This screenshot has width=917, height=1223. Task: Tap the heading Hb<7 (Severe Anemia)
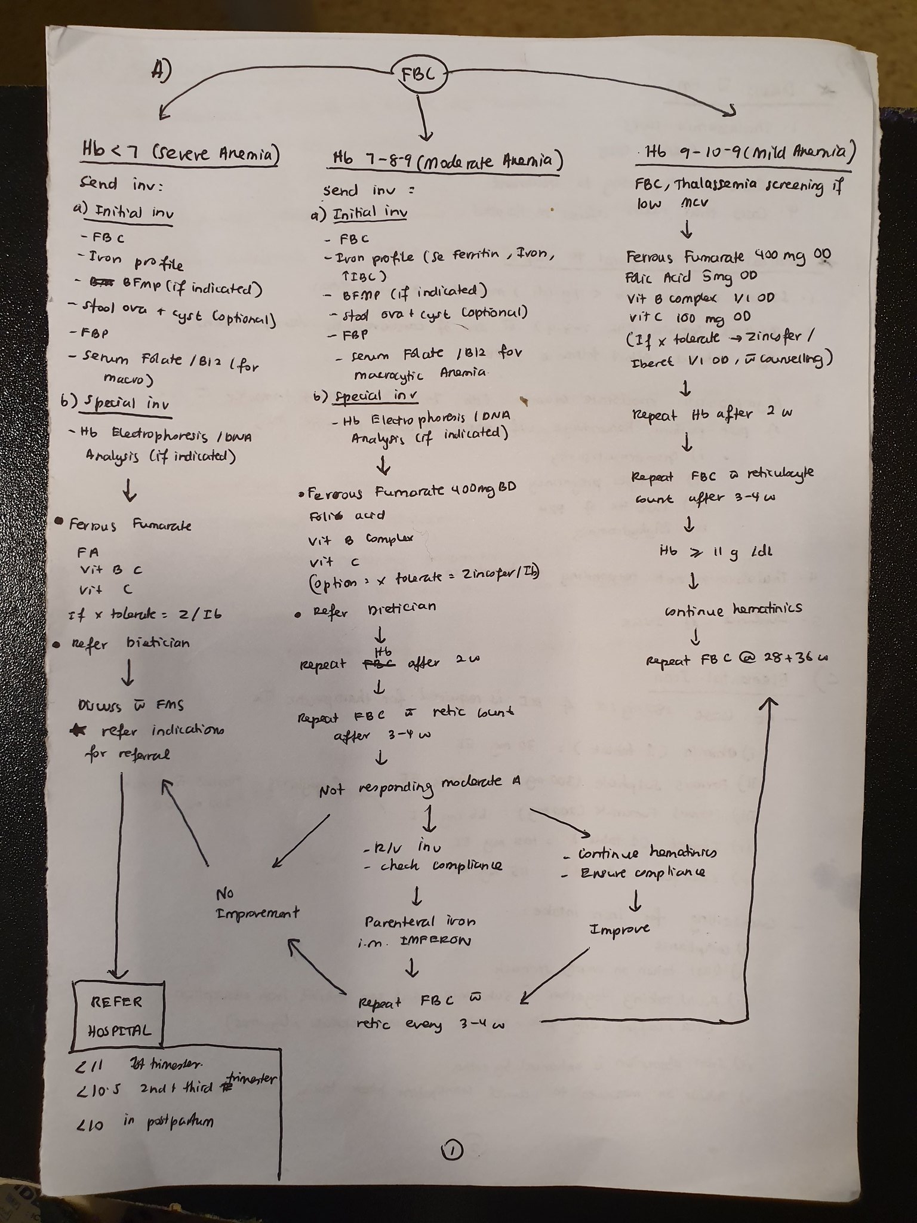coord(180,152)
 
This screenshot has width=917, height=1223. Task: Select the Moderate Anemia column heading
coord(447,160)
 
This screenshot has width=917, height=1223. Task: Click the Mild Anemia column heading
coord(745,153)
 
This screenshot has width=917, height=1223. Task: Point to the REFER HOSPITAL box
coord(118,1016)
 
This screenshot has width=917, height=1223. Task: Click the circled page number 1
coord(452,1148)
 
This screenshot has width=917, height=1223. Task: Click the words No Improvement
coord(257,904)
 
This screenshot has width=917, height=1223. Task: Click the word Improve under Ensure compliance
coord(620,930)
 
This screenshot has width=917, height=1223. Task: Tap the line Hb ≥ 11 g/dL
coord(699,552)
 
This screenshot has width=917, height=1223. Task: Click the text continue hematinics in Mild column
coord(733,610)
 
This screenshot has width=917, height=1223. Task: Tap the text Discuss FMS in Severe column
coord(130,705)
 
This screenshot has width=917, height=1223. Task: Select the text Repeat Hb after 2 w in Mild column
coord(712,414)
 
